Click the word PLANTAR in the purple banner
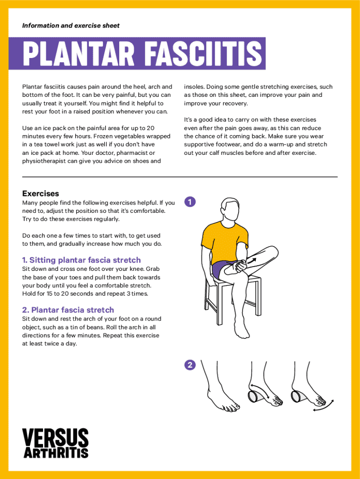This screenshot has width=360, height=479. (x=79, y=53)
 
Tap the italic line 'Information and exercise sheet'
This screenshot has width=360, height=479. (x=71, y=26)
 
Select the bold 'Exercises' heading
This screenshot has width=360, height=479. (x=41, y=193)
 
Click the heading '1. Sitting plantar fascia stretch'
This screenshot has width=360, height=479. (x=81, y=260)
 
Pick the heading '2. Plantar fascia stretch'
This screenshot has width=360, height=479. (x=68, y=310)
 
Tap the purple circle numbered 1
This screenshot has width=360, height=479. (x=190, y=202)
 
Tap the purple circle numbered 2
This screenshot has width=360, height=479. (x=190, y=365)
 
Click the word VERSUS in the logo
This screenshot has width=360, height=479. (x=55, y=437)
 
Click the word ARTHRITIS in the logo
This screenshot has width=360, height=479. (x=56, y=453)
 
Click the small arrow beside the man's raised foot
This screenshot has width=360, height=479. (x=252, y=260)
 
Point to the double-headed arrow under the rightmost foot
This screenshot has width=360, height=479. (x=324, y=406)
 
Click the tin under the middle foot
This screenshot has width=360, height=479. (x=255, y=396)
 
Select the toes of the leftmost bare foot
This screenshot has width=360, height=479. (x=231, y=407)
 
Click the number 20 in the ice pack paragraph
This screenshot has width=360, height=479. (x=151, y=128)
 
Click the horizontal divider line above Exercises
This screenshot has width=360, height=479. (x=180, y=177)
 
